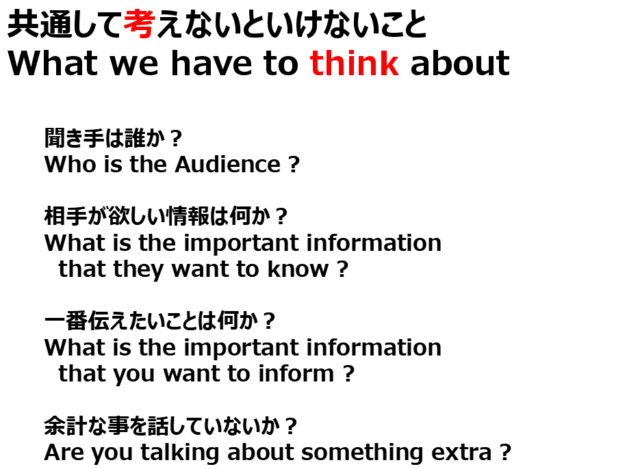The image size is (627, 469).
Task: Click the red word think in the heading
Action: coord(355,63)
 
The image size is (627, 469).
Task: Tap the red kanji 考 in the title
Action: coord(139,24)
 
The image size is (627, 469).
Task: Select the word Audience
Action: coord(227,164)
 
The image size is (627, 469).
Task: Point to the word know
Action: coord(298,269)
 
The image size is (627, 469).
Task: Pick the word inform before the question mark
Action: coord(296,373)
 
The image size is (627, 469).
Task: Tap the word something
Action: coord(362,453)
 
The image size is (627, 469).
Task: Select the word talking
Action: coord(179,453)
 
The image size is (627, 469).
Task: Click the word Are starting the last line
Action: coord(63,453)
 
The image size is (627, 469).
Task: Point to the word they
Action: coord(138,269)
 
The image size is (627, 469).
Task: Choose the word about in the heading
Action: coord(460,63)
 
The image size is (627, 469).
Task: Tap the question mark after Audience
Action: coord(294,164)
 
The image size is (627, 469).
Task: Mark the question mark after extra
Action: coord(505,452)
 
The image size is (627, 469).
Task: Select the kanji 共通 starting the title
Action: coord(39,24)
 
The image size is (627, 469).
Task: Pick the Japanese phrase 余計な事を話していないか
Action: coord(162,426)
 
